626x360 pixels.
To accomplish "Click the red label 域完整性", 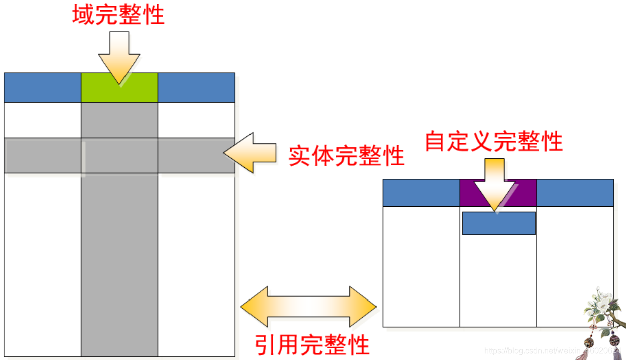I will (x=118, y=16).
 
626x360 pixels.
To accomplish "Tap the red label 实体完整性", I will (x=346, y=156).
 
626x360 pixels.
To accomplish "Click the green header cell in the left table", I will (x=119, y=88).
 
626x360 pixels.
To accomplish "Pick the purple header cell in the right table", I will (x=498, y=193).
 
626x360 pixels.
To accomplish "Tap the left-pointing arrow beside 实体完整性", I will (x=250, y=153).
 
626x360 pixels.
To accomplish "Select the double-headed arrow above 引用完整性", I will (x=308, y=307).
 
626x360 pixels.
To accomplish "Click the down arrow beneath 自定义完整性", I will (x=494, y=184).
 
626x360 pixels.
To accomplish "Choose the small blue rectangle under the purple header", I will (x=498, y=223).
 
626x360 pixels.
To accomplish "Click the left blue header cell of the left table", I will (x=42, y=88).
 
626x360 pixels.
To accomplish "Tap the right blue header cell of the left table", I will (x=197, y=88).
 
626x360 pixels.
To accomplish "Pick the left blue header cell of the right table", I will (x=421, y=193).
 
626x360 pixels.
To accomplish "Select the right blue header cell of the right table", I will (x=575, y=193).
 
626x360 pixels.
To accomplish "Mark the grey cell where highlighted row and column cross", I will (x=119, y=156).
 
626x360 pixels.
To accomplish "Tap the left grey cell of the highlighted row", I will (x=42, y=156).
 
